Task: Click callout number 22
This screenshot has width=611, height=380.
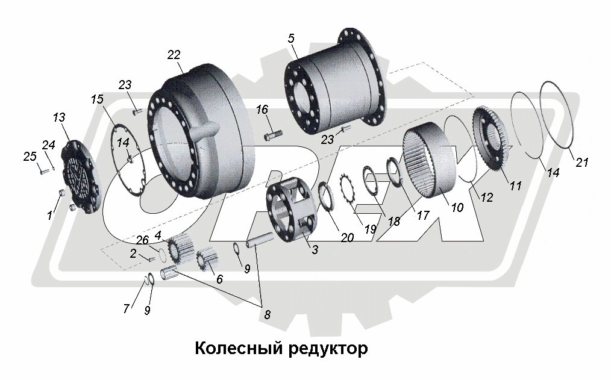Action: [174, 55]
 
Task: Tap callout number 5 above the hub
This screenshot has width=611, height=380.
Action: [291, 38]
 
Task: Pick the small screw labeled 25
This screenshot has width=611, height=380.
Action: [44, 171]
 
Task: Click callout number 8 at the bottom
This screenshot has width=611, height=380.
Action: [266, 313]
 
